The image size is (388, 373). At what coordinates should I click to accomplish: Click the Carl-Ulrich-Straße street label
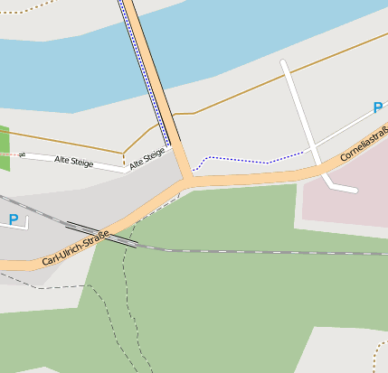click(76, 248)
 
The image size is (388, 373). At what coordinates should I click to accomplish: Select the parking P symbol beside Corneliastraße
click(377, 108)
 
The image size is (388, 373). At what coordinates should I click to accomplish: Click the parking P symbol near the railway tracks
click(14, 219)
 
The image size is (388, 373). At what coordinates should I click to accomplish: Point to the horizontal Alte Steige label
click(74, 161)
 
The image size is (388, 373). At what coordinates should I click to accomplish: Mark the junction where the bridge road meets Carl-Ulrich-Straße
click(189, 181)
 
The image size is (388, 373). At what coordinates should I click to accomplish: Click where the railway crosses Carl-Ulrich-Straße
click(118, 237)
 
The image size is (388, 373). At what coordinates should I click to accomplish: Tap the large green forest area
click(226, 298)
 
